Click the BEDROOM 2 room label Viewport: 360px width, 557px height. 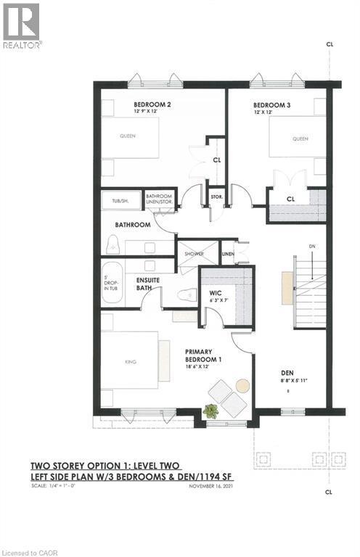point(152,104)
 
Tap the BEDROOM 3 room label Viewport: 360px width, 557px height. point(272,104)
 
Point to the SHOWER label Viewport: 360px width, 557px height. point(194,254)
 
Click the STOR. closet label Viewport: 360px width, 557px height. point(216,196)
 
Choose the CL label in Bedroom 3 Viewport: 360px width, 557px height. point(290,198)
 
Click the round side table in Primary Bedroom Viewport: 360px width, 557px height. point(242,385)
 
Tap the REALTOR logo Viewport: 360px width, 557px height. point(22,25)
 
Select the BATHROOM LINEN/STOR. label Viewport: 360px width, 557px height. point(160,199)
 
